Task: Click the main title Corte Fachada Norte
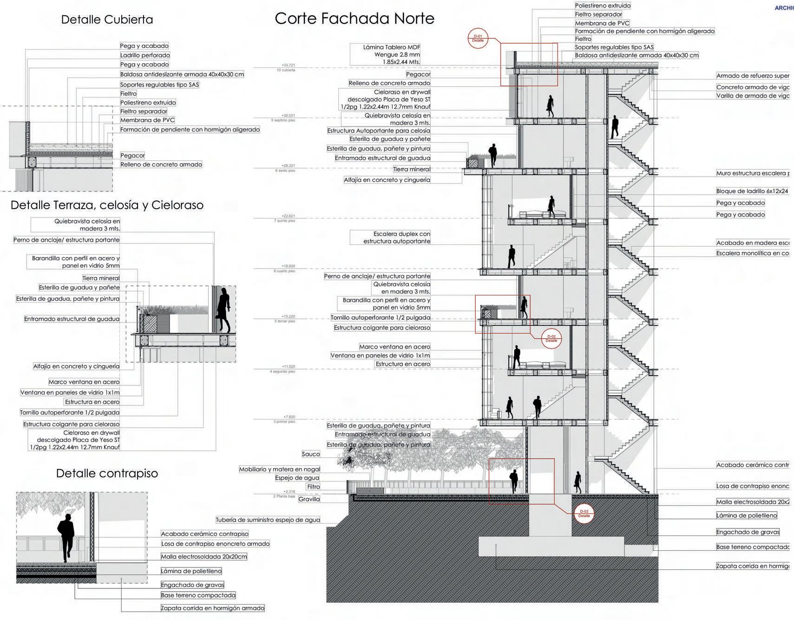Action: [x=354, y=19]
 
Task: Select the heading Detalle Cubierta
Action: [x=107, y=20]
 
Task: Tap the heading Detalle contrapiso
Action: [x=107, y=474]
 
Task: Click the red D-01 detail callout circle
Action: [x=478, y=39]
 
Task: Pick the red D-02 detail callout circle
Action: [x=551, y=338]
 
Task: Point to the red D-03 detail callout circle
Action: [x=584, y=514]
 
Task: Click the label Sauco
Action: [x=311, y=454]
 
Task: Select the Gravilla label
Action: [x=309, y=499]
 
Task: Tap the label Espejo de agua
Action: [x=297, y=478]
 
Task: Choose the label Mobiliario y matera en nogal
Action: [x=279, y=469]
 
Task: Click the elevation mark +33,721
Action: [x=288, y=66]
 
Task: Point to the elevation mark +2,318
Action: [x=289, y=492]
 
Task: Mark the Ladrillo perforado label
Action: [x=144, y=55]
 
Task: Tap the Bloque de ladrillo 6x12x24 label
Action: [x=752, y=191]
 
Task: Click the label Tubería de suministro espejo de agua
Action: [x=268, y=520]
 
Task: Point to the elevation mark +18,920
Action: [x=288, y=267]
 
